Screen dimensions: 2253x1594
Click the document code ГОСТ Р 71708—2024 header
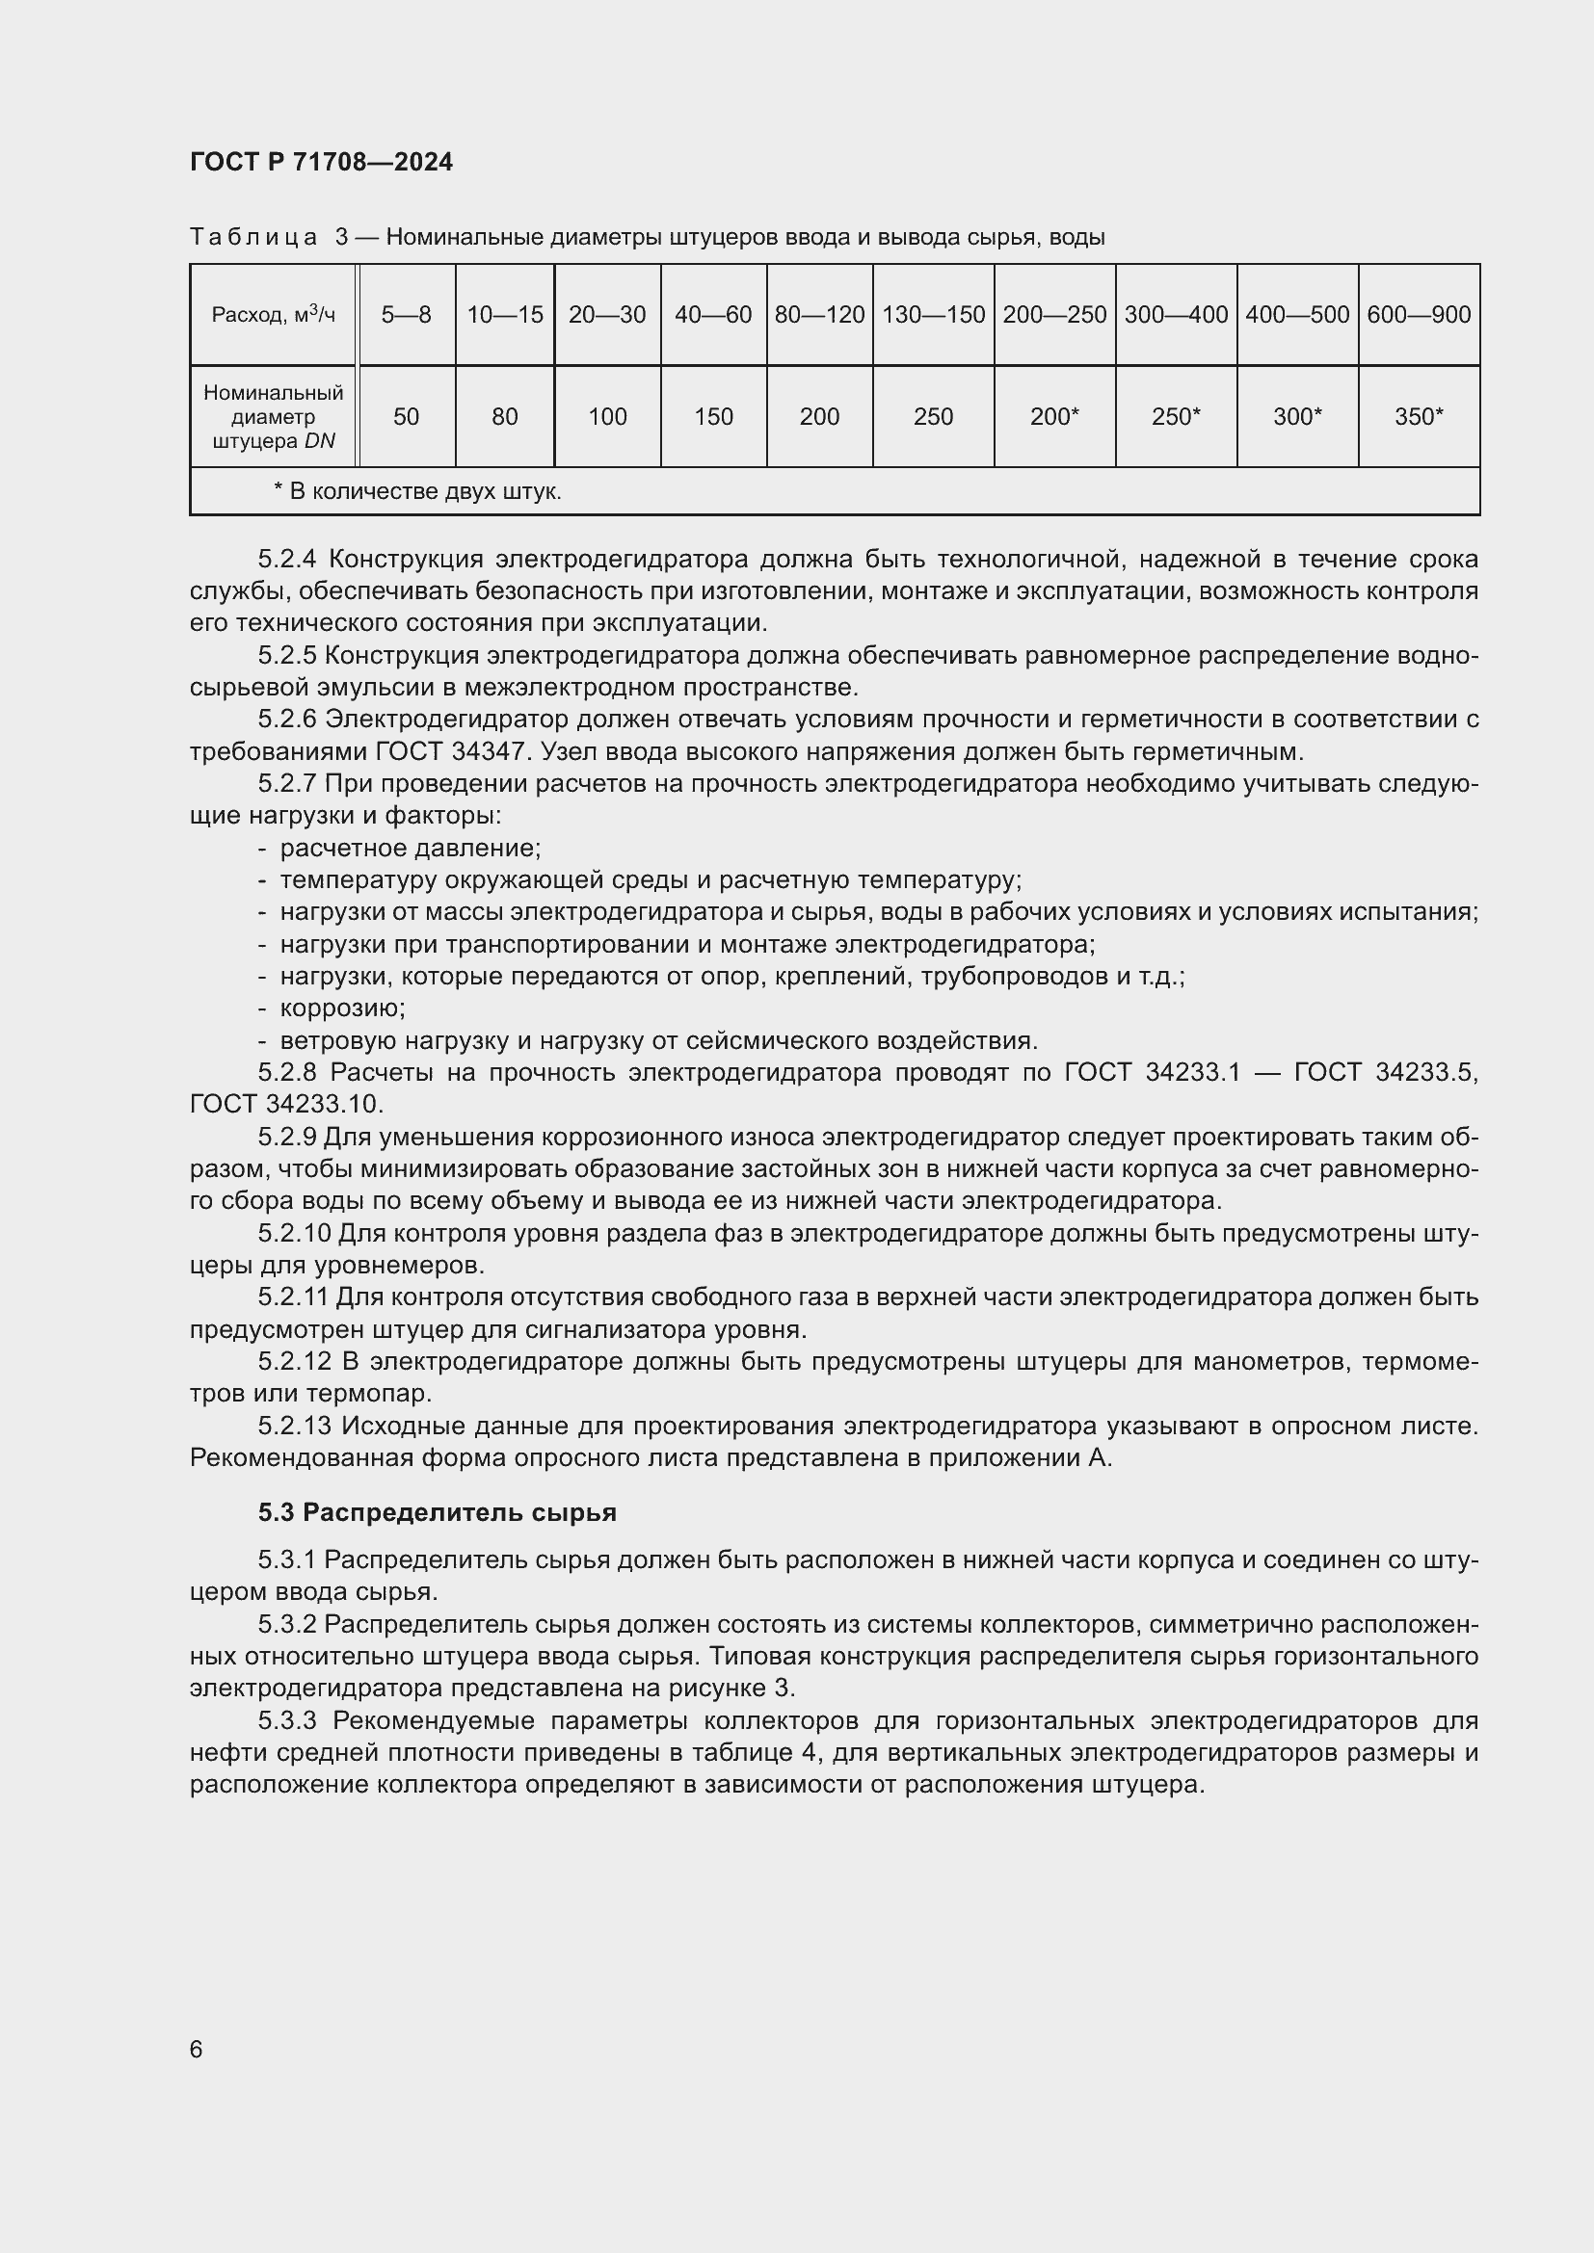321,162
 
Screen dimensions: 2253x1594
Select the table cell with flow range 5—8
406,315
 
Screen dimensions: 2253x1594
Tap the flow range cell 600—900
1419,315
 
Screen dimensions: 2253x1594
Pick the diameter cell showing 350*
1419,417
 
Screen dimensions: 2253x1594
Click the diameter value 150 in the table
712,417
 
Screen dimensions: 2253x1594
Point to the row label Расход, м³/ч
273,315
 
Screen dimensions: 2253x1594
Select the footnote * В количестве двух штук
417,491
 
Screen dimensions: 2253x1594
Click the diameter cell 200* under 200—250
1054,417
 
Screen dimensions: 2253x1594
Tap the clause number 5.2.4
287,560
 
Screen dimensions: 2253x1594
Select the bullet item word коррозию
341,1009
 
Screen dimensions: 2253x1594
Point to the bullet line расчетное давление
410,848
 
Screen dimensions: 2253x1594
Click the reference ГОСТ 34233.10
285,1105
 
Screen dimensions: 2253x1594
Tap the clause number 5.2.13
294,1426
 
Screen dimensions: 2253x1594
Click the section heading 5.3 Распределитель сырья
437,1513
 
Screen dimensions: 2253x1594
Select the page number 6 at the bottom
197,2050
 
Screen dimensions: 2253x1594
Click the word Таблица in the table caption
253,238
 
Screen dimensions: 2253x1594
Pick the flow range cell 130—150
933,315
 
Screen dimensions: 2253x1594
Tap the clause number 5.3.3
287,1721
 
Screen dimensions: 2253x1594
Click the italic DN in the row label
320,441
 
